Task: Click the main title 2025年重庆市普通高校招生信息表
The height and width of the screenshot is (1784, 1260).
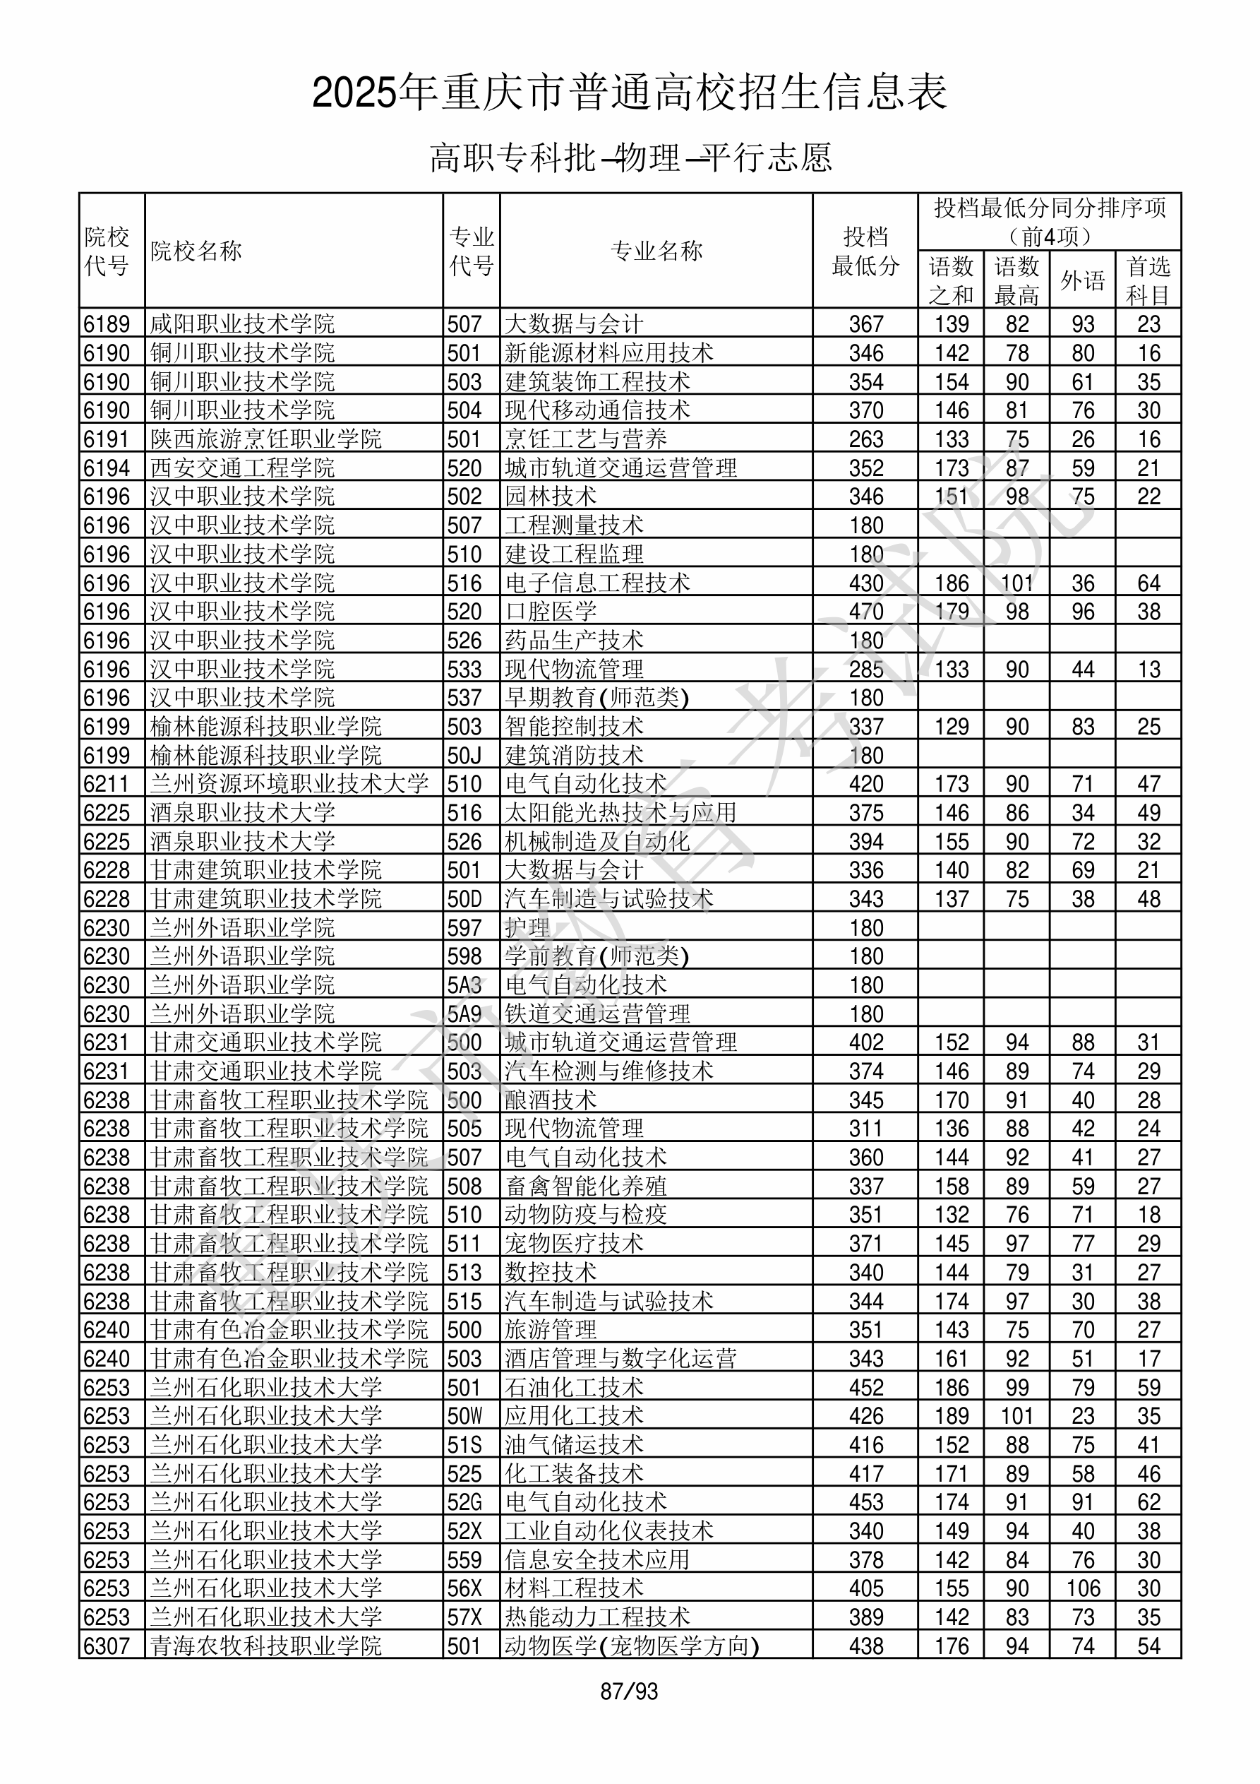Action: [x=629, y=93]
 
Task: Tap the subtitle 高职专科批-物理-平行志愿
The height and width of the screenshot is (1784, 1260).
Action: [x=630, y=157]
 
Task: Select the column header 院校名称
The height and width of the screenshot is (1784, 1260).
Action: [x=196, y=251]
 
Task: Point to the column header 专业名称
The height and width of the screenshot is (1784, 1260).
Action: [x=656, y=251]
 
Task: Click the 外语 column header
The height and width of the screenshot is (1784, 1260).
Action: [x=1082, y=280]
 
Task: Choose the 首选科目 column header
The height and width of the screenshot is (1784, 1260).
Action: [x=1148, y=280]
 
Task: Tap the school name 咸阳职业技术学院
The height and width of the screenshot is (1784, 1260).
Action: [x=242, y=324]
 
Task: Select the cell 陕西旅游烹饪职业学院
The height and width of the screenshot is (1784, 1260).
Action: [x=265, y=439]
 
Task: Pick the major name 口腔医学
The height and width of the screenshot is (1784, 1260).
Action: [x=551, y=612]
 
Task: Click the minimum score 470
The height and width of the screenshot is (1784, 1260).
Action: [x=865, y=612]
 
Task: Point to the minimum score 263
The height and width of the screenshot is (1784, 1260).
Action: [x=865, y=439]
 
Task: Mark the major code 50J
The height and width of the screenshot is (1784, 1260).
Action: [x=464, y=755]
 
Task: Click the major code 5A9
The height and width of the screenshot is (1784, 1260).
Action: [x=464, y=1014]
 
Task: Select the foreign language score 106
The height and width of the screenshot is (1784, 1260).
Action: [x=1082, y=1588]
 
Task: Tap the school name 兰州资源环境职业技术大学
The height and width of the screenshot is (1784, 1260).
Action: [x=289, y=784]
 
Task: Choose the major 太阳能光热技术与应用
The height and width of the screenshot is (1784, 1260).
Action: [x=620, y=813]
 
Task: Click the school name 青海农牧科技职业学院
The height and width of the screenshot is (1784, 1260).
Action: [x=265, y=1646]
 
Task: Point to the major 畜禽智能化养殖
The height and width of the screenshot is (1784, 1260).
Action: [x=585, y=1187]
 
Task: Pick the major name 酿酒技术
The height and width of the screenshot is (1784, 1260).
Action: [x=551, y=1100]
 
